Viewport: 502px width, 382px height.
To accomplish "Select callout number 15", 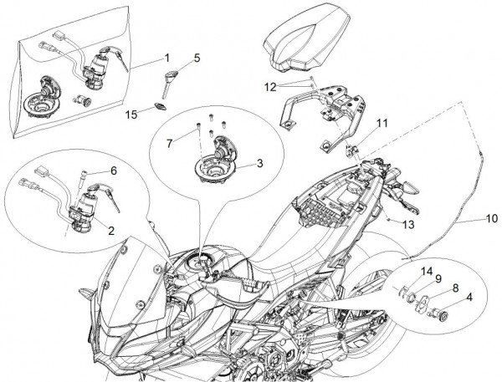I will pos(131,113).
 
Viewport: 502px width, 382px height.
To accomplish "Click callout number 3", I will pos(259,163).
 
